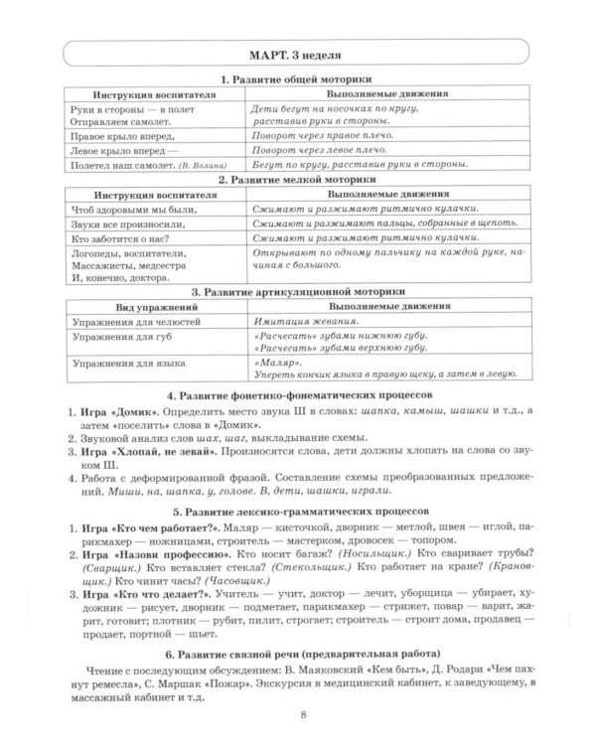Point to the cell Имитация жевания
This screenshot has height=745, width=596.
tap(305, 324)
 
